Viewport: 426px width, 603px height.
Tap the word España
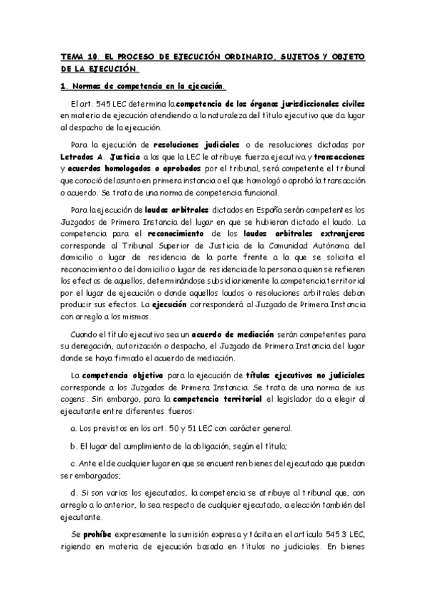[x=265, y=210]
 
